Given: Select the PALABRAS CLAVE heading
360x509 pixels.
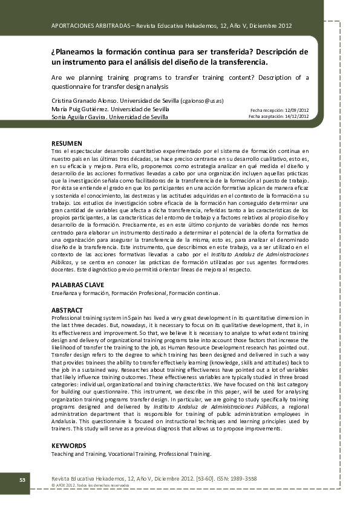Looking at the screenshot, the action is pyautogui.click(x=77, y=284).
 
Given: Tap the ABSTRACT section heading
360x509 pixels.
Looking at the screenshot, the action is pyautogui.click(x=68, y=310).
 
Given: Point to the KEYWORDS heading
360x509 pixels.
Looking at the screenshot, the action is pyautogui.click(x=68, y=446).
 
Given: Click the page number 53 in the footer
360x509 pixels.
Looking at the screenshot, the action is pyautogui.click(x=21, y=480).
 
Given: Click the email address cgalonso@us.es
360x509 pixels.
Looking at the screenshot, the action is pyautogui.click(x=205, y=100).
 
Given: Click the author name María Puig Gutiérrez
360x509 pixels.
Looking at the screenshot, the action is pyautogui.click(x=82, y=109).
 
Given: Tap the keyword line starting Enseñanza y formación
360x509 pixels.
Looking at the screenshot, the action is pyautogui.click(x=136, y=293).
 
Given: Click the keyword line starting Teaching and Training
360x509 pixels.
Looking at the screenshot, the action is pyautogui.click(x=131, y=453).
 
